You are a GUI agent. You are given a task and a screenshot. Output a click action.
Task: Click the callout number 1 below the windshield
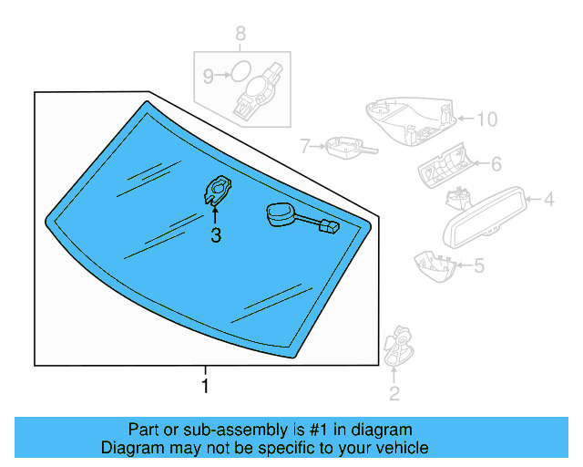(x=205, y=386)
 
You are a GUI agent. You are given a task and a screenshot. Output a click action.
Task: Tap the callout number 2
(x=394, y=394)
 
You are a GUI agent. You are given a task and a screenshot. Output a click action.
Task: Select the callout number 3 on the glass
(x=215, y=236)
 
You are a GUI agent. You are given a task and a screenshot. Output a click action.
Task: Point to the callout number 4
(x=549, y=198)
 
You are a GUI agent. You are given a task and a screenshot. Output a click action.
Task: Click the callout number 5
(x=478, y=265)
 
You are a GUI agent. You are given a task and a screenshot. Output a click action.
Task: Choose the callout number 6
(x=496, y=164)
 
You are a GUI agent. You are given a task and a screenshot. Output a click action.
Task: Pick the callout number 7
(x=306, y=145)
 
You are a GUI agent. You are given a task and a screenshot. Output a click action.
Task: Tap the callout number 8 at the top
(x=240, y=35)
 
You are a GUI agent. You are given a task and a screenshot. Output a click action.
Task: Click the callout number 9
(x=208, y=78)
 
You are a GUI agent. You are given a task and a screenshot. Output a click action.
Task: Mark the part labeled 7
(x=346, y=145)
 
